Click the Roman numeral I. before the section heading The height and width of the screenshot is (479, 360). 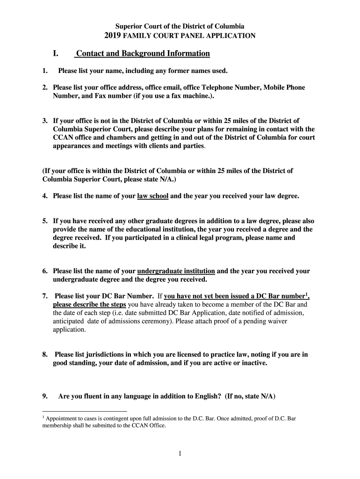[x=55, y=54]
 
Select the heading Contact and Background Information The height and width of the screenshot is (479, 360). [x=143, y=54]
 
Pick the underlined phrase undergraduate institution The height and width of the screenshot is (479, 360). [x=176, y=271]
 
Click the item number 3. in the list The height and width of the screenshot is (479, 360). [x=45, y=121]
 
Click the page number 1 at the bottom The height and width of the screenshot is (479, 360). [x=180, y=453]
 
